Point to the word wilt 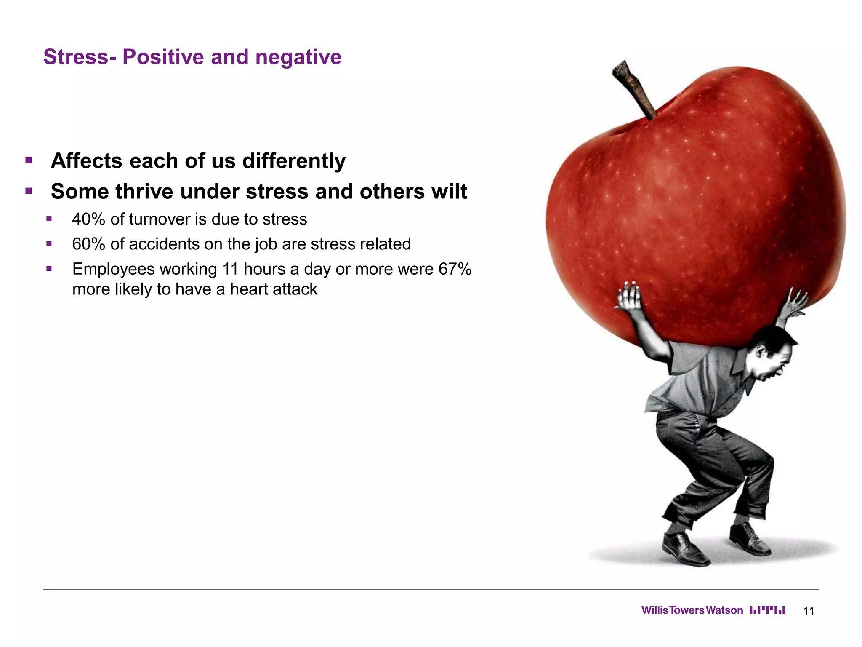(448, 192)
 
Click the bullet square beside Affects (29, 160)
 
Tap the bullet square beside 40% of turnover (49, 219)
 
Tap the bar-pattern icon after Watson (767, 610)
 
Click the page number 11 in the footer (809, 611)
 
